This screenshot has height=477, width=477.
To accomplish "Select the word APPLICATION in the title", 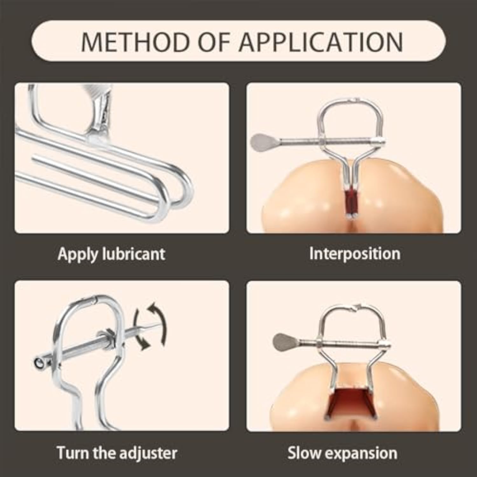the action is click(321, 41).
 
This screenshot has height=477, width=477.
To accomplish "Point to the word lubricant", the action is click(134, 254).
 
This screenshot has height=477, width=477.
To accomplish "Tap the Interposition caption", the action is click(355, 254).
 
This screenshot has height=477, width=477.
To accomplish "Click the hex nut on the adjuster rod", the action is click(108, 338).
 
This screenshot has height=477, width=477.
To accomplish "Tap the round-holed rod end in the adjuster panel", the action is click(40, 363).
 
